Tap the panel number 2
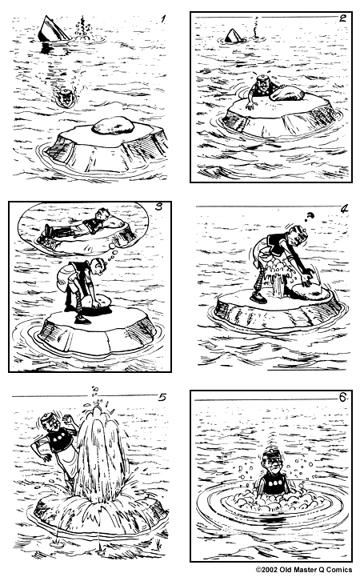pyautogui.click(x=342, y=18)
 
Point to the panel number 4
pyautogui.click(x=343, y=210)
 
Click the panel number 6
pyautogui.click(x=341, y=397)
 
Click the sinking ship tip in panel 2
pyautogui.click(x=233, y=36)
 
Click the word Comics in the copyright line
pyautogui.click(x=337, y=571)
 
